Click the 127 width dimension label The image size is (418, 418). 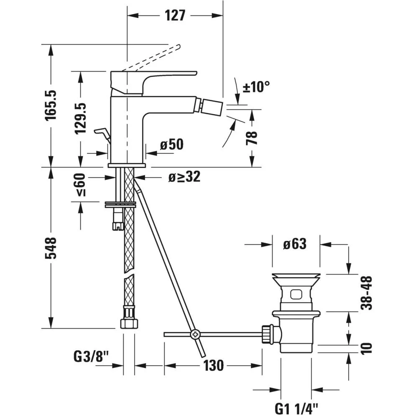175,15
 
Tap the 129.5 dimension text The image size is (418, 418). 80,119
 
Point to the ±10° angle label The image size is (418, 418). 256,87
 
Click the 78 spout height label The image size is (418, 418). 252,138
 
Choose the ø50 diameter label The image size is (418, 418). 172,145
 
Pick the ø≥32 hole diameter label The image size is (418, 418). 184,176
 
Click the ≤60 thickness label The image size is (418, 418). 80,185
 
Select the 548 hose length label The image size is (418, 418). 51,248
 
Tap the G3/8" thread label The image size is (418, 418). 91,357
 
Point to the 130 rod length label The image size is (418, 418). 214,365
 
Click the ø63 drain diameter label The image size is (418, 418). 295,244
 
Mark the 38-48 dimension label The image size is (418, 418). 366,293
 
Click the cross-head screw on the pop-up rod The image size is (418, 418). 195,334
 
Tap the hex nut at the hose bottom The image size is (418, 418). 129,324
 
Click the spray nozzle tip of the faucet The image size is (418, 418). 212,104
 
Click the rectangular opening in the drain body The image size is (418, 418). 296,294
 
